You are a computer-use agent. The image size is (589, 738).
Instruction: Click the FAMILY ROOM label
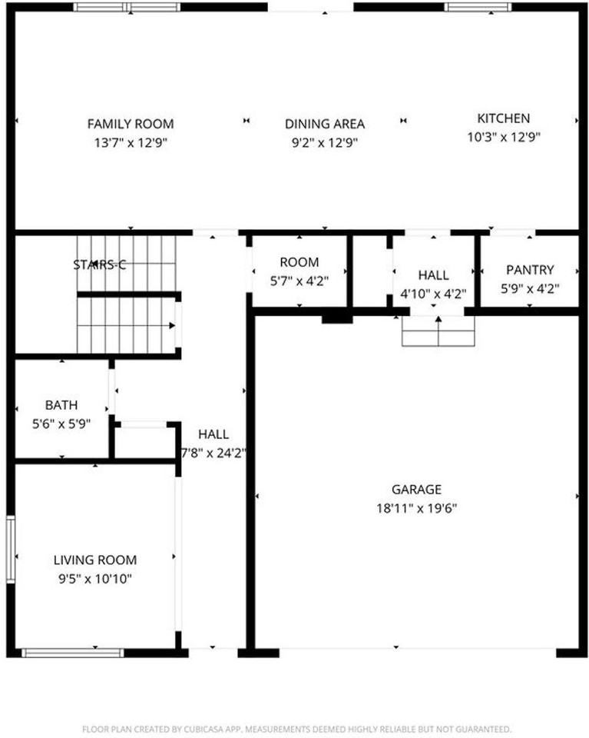(130, 124)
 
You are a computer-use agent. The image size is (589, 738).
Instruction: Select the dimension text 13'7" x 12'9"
(130, 142)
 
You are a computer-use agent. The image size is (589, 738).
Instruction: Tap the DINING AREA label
(324, 124)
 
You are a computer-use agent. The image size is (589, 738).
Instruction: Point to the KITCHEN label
(503, 118)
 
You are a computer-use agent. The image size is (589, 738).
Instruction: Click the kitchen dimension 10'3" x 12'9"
(503, 137)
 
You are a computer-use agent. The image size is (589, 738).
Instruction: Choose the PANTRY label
(530, 270)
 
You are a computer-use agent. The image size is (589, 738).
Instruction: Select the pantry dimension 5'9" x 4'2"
(530, 288)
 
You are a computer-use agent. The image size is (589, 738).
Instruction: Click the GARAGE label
(416, 489)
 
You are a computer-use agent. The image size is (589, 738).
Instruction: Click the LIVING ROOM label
(94, 560)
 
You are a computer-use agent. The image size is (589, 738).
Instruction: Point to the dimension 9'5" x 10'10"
(94, 579)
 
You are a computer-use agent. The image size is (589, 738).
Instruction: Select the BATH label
(61, 404)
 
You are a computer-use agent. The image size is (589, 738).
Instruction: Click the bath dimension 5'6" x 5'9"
(61, 423)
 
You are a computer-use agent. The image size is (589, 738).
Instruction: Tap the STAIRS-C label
(99, 265)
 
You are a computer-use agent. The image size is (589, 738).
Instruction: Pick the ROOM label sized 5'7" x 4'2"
(299, 262)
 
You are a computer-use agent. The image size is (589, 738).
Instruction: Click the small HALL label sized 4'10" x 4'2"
(434, 275)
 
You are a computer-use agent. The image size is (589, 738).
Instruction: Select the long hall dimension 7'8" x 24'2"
(213, 453)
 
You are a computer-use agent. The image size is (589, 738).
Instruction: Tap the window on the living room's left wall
(11, 547)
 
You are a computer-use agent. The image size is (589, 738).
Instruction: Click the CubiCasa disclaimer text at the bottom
(296, 728)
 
